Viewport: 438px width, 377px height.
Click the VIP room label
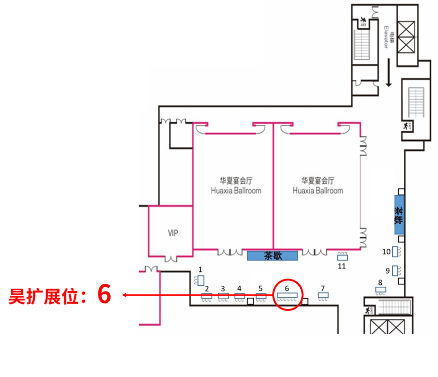click(173, 233)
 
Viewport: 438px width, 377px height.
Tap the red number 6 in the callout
click(104, 294)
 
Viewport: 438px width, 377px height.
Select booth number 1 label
click(201, 269)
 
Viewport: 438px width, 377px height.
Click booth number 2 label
click(207, 289)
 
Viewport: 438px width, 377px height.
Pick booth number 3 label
click(223, 288)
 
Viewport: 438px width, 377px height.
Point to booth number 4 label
click(239, 288)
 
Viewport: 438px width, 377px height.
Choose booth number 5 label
click(261, 288)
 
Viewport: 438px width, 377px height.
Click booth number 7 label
click(323, 288)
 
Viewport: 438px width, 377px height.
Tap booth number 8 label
click(380, 282)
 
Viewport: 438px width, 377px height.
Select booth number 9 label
click(388, 270)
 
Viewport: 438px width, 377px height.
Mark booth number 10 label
click(387, 251)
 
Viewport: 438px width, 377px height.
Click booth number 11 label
click(342, 266)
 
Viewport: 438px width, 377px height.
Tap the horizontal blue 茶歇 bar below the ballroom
click(273, 255)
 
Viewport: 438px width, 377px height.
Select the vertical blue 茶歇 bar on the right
click(399, 215)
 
